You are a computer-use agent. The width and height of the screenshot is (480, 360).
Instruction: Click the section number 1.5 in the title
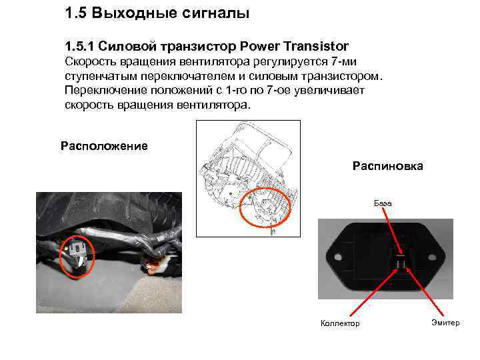click(x=77, y=13)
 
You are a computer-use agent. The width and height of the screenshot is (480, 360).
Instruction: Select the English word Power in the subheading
click(x=262, y=47)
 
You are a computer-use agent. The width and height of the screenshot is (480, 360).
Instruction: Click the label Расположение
click(x=104, y=146)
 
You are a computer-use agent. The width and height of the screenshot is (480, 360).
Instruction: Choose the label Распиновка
click(x=387, y=166)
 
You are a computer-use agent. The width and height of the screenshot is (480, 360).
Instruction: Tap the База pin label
click(x=383, y=202)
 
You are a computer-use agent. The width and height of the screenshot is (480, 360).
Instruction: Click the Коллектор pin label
click(x=340, y=323)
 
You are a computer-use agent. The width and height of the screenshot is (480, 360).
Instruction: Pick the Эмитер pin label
click(x=445, y=323)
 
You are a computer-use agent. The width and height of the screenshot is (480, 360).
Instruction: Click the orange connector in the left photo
click(x=158, y=267)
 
